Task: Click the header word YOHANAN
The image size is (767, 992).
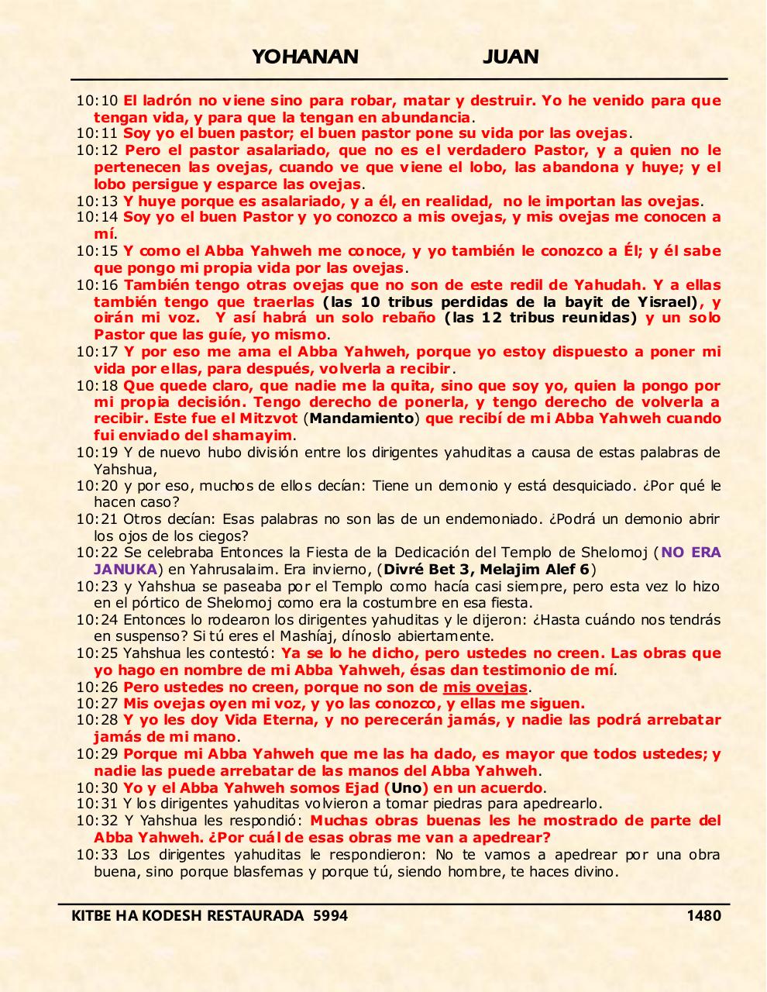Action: click(305, 57)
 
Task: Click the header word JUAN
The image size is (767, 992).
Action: click(511, 57)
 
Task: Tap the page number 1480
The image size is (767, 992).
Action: click(703, 915)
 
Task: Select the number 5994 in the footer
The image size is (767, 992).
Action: click(330, 915)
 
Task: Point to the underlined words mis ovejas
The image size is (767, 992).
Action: click(485, 687)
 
